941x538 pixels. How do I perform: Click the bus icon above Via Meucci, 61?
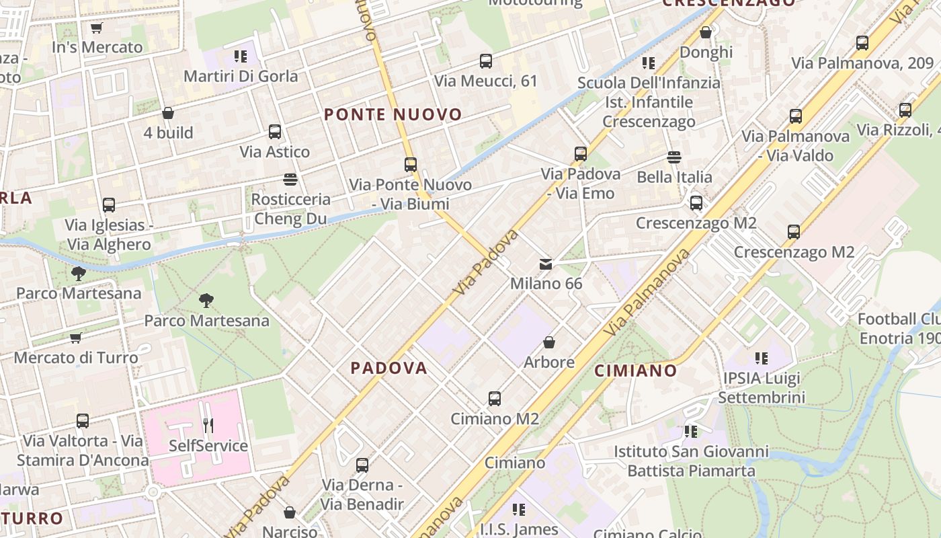[x=486, y=61]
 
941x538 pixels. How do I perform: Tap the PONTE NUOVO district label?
[x=393, y=115]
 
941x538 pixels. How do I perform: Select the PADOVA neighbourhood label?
[x=389, y=368]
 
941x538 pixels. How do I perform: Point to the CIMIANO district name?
[x=635, y=371]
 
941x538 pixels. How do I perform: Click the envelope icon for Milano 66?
[x=546, y=264]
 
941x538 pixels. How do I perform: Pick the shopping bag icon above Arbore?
[x=549, y=342]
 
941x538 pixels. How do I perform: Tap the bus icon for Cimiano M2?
[x=495, y=399]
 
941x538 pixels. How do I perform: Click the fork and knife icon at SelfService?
[x=208, y=425]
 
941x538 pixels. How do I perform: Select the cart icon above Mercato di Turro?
[x=76, y=338]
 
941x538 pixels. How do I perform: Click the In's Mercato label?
[x=97, y=47]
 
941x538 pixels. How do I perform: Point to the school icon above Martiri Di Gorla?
[x=240, y=56]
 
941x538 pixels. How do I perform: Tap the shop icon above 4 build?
[x=168, y=113]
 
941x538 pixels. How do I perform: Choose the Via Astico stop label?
[x=275, y=152]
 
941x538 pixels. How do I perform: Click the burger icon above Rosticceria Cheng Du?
[x=290, y=180]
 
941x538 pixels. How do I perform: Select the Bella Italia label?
[x=674, y=177]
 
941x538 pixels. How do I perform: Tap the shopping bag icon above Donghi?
[x=706, y=32]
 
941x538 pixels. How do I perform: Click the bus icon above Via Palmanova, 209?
[x=862, y=43]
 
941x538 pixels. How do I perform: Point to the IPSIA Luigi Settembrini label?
[x=762, y=387]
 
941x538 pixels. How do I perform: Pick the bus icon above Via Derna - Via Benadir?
[x=362, y=465]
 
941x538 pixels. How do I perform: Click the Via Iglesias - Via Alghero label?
[x=110, y=235]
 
